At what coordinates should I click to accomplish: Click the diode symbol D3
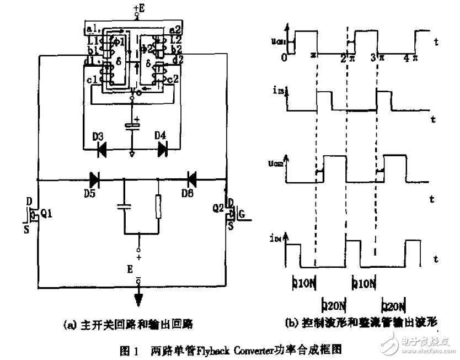click(x=102, y=148)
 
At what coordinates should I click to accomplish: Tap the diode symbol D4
click(x=163, y=148)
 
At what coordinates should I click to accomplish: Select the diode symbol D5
click(x=94, y=179)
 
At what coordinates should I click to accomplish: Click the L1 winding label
click(x=93, y=41)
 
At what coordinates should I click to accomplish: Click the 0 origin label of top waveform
click(x=284, y=57)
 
